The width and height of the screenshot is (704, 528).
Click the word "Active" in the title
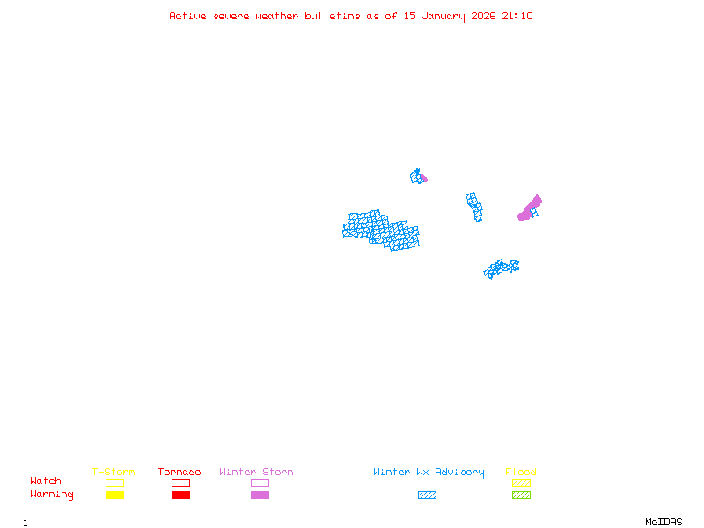click(188, 16)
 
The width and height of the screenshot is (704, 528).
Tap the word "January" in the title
click(445, 16)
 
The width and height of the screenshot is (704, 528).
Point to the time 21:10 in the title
click(517, 16)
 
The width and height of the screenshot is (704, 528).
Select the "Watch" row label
click(46, 481)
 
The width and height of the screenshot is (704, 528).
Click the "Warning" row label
click(52, 495)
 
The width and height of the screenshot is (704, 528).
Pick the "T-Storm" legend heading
click(114, 473)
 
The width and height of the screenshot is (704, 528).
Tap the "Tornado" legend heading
click(180, 473)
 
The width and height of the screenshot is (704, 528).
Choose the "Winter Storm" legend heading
click(256, 473)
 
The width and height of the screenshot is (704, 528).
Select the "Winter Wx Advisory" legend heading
click(429, 473)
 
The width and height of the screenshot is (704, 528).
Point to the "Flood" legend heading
click(521, 473)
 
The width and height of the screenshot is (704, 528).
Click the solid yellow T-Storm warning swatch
click(114, 495)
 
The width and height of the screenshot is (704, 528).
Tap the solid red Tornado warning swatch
click(180, 495)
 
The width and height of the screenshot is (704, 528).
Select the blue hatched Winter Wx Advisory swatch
click(427, 495)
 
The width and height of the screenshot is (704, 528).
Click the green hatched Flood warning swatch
click(521, 495)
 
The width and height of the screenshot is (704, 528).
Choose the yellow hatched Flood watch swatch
click(521, 482)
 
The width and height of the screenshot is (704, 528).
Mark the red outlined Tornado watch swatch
click(180, 482)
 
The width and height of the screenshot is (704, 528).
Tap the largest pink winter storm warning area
click(529, 209)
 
